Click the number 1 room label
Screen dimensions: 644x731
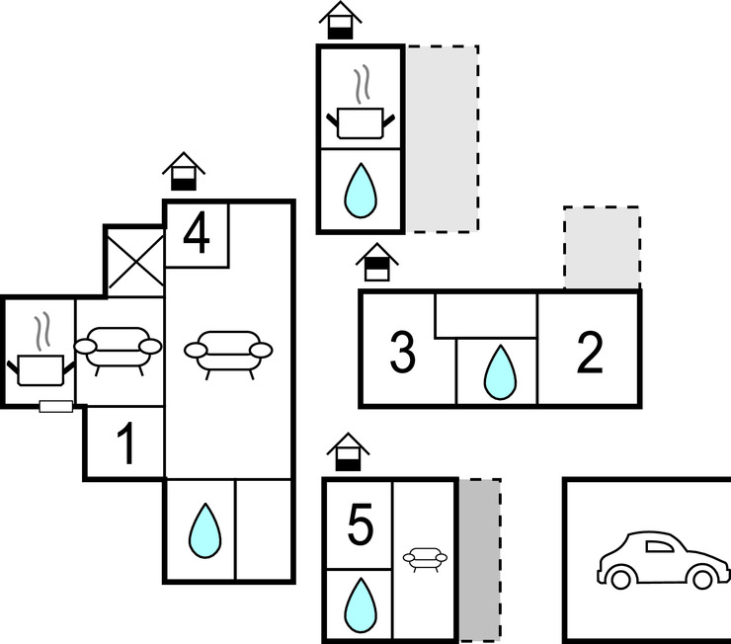click(125, 446)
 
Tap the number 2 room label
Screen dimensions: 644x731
click(589, 354)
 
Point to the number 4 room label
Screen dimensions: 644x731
click(197, 235)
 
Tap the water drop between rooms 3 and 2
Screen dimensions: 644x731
click(499, 370)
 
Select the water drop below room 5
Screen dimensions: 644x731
click(359, 604)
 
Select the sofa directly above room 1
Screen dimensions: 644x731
click(119, 351)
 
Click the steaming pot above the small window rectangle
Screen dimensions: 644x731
click(41, 360)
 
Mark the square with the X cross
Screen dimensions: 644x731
click(134, 261)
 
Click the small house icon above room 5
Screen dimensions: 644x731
click(347, 453)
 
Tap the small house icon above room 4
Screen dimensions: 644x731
click(184, 172)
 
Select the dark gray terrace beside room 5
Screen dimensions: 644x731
click(479, 561)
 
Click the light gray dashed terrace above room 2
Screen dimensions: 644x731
click(602, 248)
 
